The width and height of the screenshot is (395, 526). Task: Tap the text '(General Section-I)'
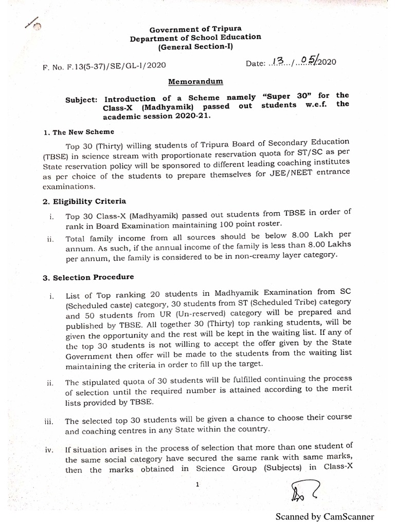point(195,47)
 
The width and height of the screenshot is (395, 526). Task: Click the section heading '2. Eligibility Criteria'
point(85,201)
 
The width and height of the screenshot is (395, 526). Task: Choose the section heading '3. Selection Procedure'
point(89,277)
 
